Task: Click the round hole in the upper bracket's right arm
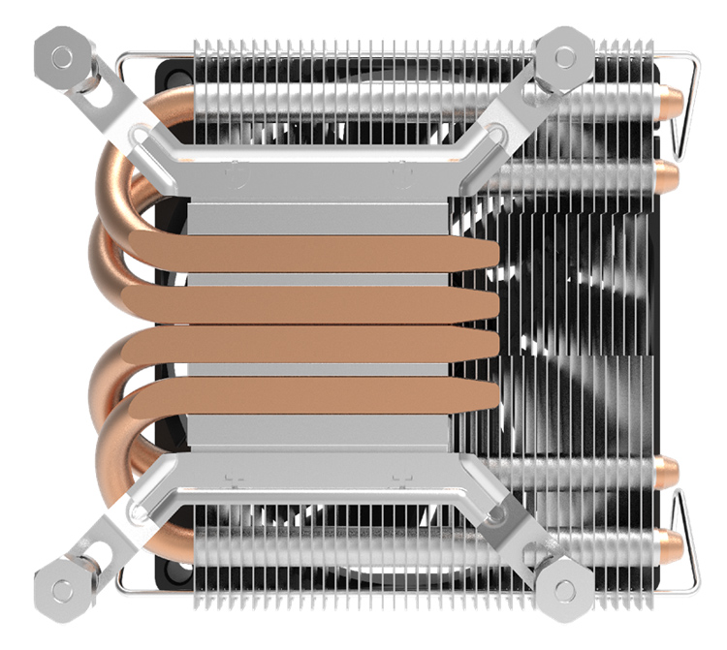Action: [496, 130]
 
